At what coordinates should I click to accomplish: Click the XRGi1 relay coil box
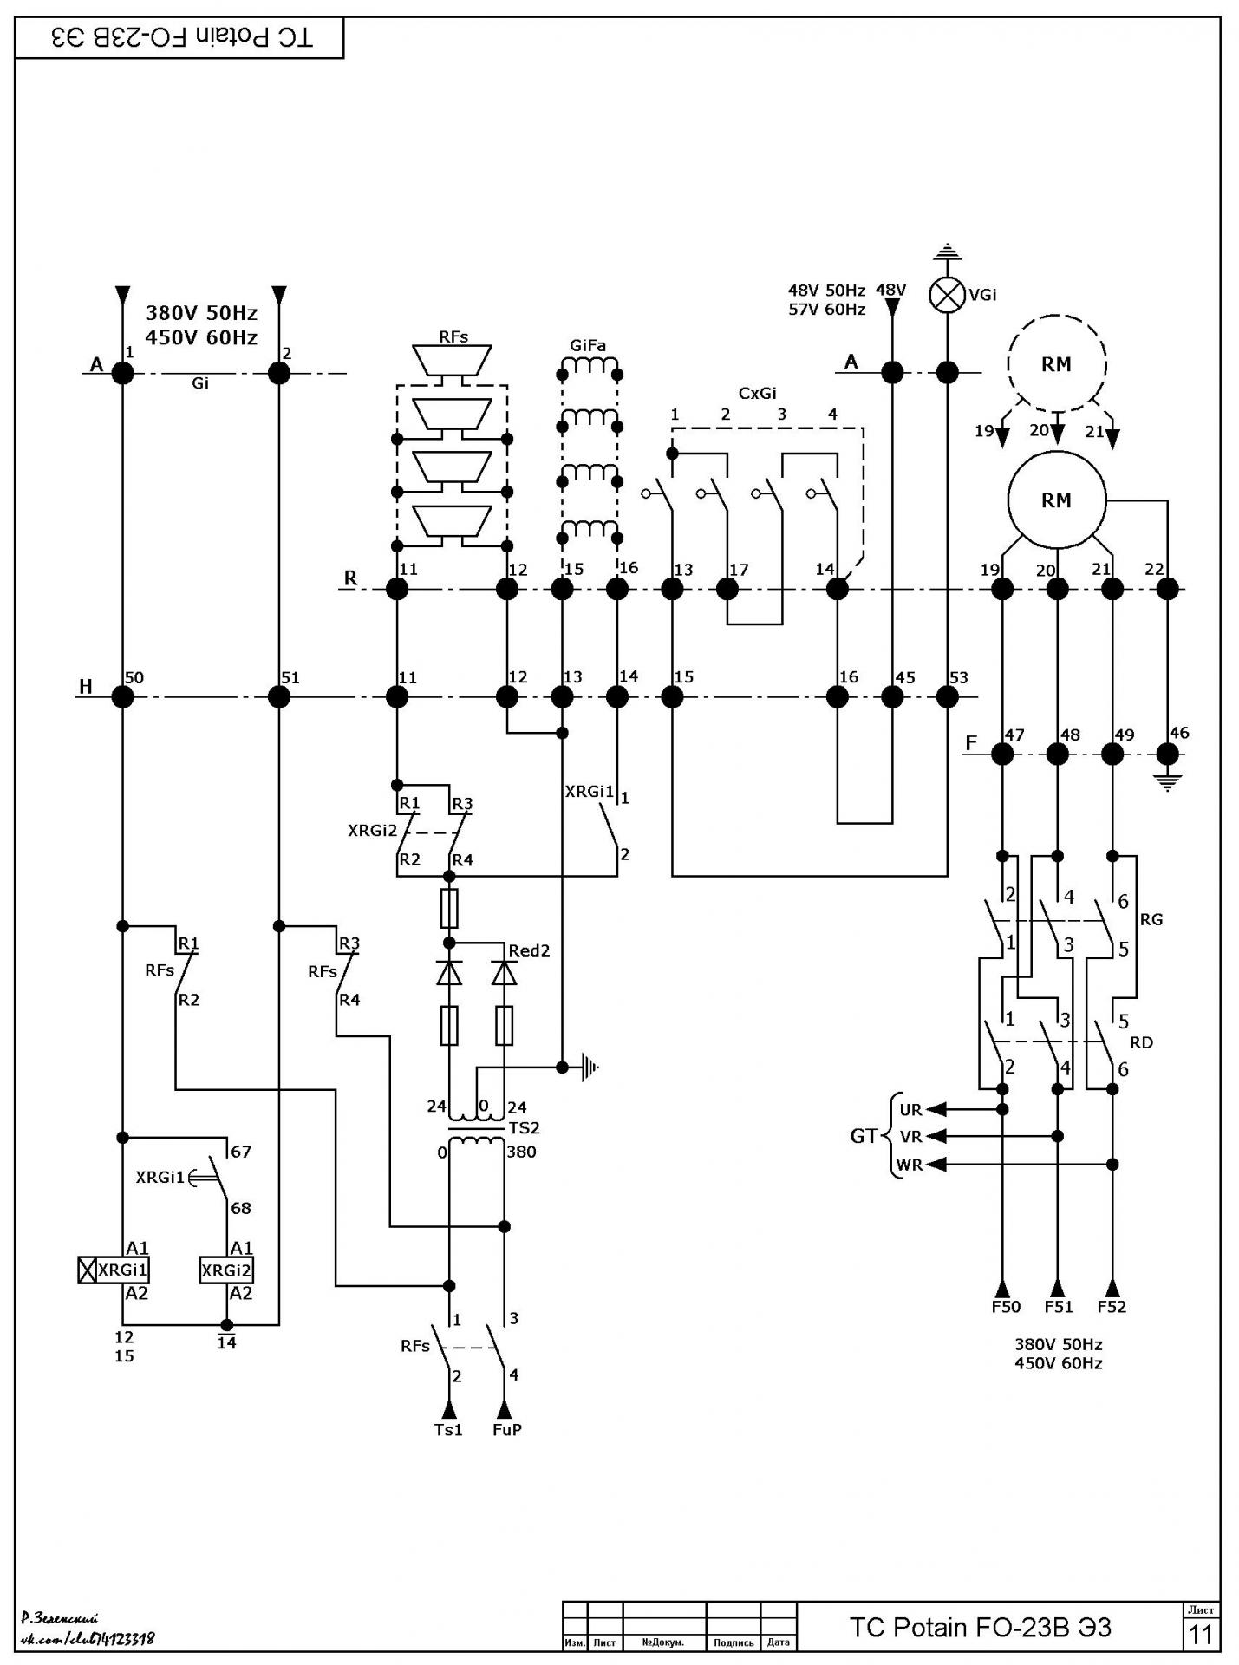coord(114,1270)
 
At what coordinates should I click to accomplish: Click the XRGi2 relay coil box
coord(226,1270)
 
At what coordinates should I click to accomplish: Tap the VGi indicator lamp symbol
coord(948,296)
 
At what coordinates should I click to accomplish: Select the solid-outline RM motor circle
coord(1057,500)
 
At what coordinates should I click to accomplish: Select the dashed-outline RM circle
coord(1057,363)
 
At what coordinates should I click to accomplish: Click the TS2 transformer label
coord(525,1128)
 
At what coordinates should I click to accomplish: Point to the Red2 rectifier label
coord(529,950)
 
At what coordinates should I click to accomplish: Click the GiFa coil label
coord(588,346)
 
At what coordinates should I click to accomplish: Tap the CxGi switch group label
coord(757,393)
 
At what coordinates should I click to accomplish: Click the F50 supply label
coord(1006,1307)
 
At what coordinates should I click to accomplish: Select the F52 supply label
coord(1112,1307)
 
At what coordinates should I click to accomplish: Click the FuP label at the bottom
coord(507,1430)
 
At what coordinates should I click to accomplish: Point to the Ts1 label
coord(448,1430)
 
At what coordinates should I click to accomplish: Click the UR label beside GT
coord(910,1110)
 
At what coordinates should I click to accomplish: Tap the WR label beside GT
coord(910,1165)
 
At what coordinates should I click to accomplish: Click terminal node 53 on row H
coord(948,696)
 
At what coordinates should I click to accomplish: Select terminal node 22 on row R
coord(1168,590)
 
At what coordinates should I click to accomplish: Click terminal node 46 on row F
coord(1168,754)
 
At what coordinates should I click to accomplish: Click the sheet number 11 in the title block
coord(1200,1634)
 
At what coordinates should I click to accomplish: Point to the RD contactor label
coord(1142,1042)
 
